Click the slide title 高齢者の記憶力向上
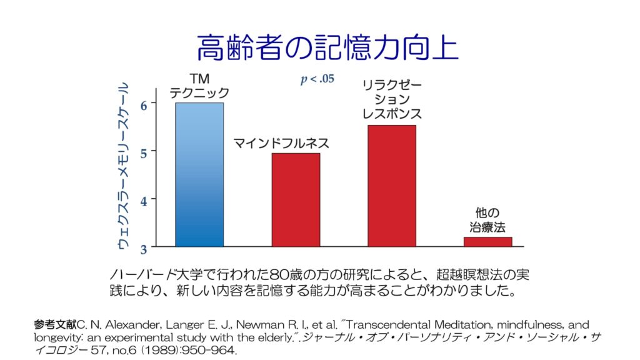click(328, 47)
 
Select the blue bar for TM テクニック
click(199, 174)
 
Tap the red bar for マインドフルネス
click(296, 199)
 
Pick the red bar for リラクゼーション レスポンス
click(392, 186)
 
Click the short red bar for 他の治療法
click(487, 241)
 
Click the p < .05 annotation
click(317, 79)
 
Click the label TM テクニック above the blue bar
click(199, 86)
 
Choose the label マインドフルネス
click(281, 143)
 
